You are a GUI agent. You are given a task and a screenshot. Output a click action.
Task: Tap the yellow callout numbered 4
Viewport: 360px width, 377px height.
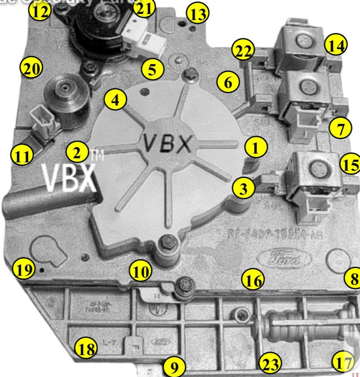pyautogui.click(x=115, y=101)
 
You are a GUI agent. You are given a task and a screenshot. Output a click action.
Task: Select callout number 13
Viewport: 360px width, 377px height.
pyautogui.click(x=197, y=15)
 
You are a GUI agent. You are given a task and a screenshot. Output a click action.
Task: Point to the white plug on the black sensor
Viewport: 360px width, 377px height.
pyautogui.click(x=145, y=42)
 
